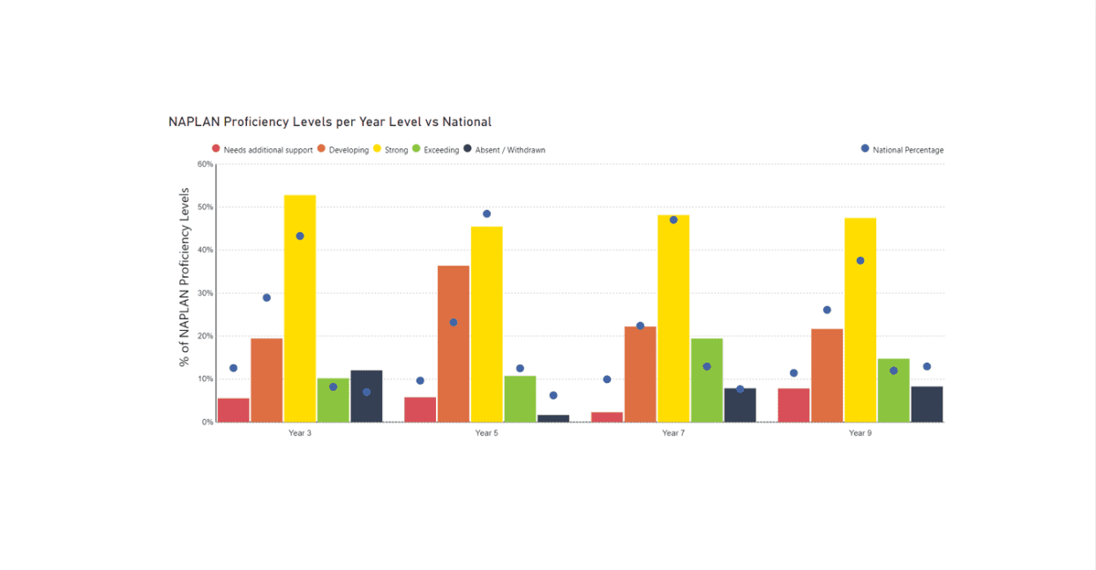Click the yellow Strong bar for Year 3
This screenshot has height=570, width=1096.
(x=300, y=309)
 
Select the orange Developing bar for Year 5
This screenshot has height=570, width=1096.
(x=454, y=344)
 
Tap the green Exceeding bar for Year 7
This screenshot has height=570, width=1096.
(x=707, y=380)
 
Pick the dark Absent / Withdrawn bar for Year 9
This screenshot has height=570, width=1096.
(x=927, y=404)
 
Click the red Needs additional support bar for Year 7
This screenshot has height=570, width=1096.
(x=607, y=416)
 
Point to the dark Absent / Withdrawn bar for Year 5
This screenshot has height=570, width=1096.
(x=553, y=418)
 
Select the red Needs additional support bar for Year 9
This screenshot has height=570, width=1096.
(x=793, y=405)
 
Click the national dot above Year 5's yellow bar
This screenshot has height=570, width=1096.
(x=486, y=214)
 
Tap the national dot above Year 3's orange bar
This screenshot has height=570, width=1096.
(x=266, y=297)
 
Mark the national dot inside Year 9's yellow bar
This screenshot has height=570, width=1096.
(x=860, y=260)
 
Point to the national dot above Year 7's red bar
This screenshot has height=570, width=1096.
(x=607, y=379)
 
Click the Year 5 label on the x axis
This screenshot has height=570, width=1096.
(x=486, y=433)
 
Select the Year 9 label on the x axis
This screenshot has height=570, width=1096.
(x=860, y=433)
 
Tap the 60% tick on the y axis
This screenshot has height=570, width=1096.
(x=204, y=164)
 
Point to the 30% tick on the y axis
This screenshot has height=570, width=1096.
(x=204, y=293)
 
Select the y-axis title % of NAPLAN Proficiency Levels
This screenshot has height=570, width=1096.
(x=184, y=276)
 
